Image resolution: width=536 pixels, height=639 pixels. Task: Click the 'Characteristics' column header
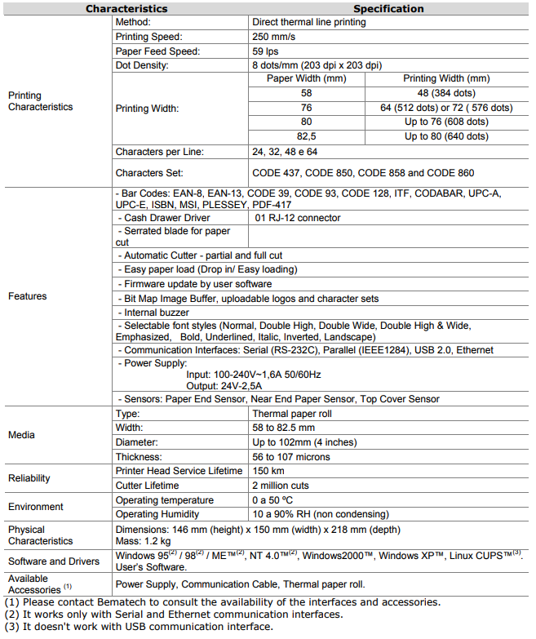[126, 9]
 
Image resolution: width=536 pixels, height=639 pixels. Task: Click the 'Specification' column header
[388, 9]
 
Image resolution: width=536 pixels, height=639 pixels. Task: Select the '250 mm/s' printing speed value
[275, 37]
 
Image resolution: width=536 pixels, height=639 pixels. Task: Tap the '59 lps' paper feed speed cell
[267, 51]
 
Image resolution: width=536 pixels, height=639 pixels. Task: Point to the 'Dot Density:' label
[142, 65]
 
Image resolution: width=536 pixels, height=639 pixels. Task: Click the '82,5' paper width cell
[306, 136]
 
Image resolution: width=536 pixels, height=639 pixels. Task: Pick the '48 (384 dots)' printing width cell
[445, 93]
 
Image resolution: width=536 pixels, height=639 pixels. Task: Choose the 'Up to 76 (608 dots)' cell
[446, 122]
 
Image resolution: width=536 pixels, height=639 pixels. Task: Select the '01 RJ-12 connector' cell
[298, 218]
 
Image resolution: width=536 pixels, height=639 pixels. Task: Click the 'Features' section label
[27, 296]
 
